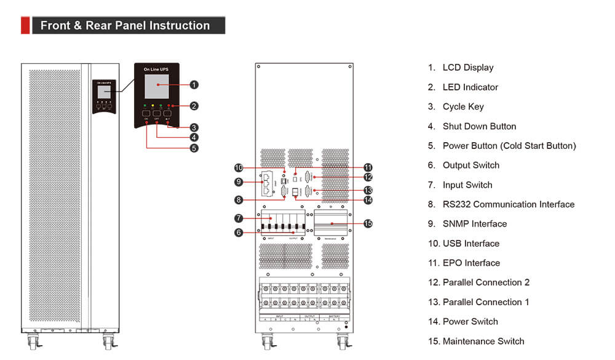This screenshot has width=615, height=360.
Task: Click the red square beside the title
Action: tap(25, 25)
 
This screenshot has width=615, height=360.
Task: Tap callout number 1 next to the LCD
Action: tap(194, 84)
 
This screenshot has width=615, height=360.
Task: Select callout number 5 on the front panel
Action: tap(194, 148)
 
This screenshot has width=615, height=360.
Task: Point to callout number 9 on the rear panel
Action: tap(239, 182)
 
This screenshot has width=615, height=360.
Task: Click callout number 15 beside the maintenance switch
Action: tap(368, 223)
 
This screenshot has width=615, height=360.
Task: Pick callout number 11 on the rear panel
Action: tap(368, 167)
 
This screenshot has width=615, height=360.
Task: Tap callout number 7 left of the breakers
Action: tap(239, 218)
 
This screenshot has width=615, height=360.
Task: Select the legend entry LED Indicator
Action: tap(470, 87)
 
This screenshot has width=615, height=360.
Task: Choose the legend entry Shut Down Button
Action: tap(479, 126)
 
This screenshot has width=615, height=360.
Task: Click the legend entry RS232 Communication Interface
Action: tap(508, 204)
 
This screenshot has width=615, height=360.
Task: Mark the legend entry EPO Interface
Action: tap(471, 263)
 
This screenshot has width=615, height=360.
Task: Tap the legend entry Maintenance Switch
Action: tap(483, 341)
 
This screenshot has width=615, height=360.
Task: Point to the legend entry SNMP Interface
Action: tap(474, 223)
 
